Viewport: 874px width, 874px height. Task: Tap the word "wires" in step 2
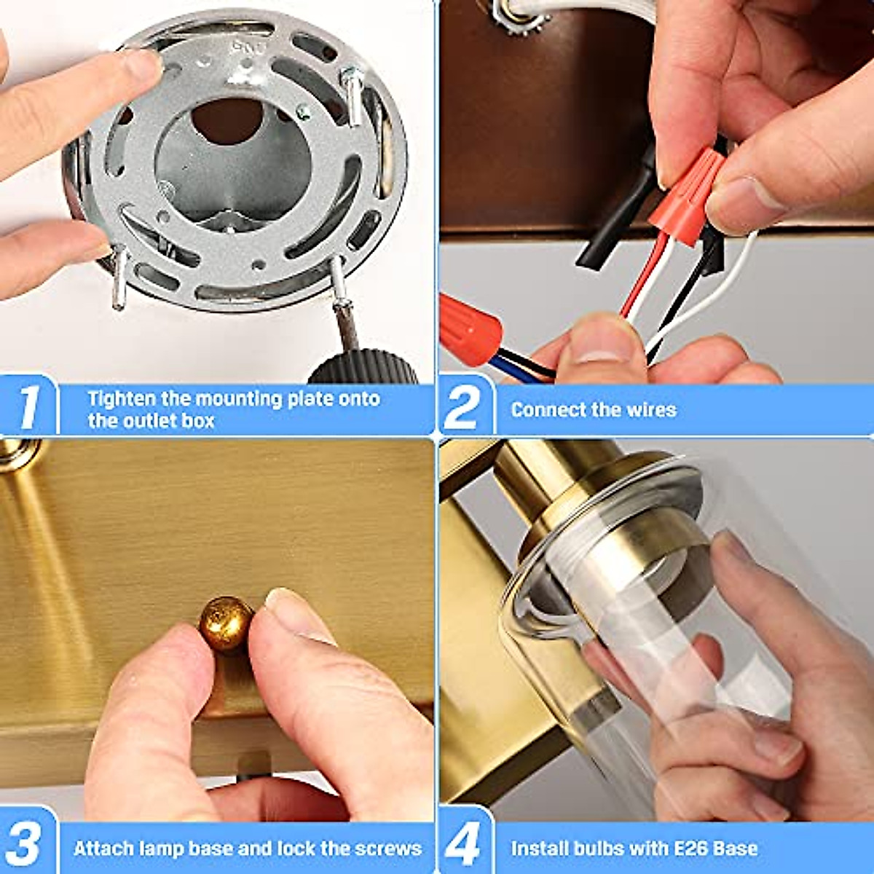[x=651, y=409]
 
